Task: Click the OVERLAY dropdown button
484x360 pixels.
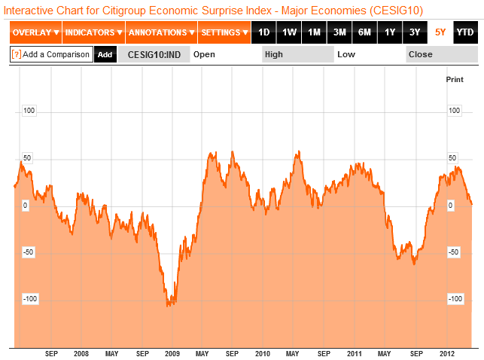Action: coord(35,32)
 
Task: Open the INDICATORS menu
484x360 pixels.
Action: coord(93,32)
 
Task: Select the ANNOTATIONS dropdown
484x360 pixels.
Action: coord(160,32)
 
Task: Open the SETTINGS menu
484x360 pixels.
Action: coord(224,32)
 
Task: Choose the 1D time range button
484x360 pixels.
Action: coord(263,32)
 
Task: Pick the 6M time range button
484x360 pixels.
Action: coord(364,32)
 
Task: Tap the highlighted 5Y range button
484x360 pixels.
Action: coord(440,32)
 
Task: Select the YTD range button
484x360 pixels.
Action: coord(465,32)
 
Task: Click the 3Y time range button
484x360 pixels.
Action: coord(415,32)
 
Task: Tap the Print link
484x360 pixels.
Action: coord(455,79)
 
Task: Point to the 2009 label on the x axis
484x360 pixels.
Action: coord(172,353)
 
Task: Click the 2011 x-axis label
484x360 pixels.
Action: coord(354,353)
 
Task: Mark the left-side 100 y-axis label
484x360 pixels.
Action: coord(30,111)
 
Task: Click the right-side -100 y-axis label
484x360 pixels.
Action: coord(455,299)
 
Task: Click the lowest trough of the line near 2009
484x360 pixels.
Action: coord(169,306)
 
